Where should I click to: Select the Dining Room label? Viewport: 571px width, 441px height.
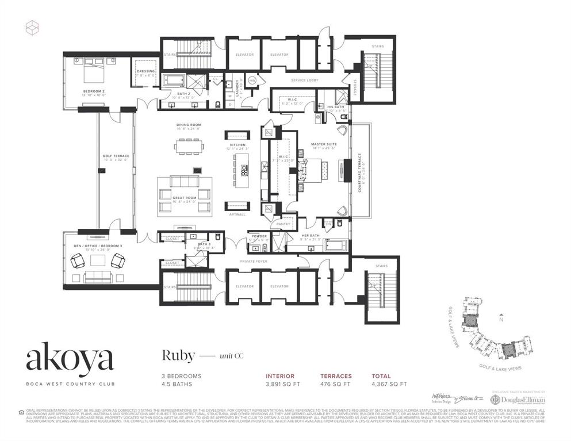pyautogui.click(x=188, y=125)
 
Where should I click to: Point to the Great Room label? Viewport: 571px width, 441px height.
pyautogui.click(x=185, y=198)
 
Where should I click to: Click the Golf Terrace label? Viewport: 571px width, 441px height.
pyautogui.click(x=116, y=156)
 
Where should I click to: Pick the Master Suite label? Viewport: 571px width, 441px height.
pyautogui.click(x=323, y=144)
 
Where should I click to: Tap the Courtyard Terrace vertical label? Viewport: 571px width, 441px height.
pyautogui.click(x=360, y=172)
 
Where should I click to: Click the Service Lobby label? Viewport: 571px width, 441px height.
pyautogui.click(x=304, y=80)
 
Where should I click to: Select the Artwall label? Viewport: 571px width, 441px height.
pyautogui.click(x=237, y=214)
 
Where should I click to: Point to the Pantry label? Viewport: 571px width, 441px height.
pyautogui.click(x=283, y=224)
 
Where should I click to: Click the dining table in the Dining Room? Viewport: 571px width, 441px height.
pyautogui.click(x=189, y=146)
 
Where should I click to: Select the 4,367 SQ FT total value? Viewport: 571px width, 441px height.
pyautogui.click(x=388, y=384)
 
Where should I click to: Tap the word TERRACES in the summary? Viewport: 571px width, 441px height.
pyautogui.click(x=336, y=376)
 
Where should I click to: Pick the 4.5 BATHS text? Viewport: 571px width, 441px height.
pyautogui.click(x=176, y=384)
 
